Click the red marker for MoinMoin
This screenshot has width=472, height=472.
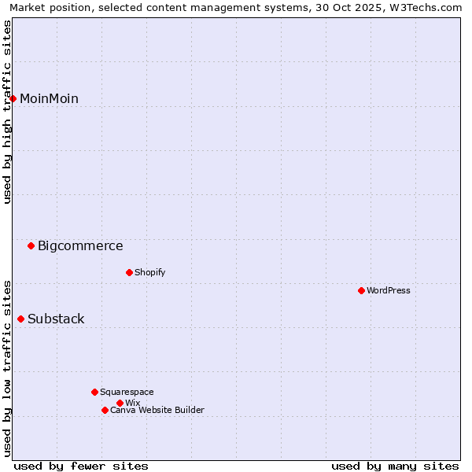coord(13,98)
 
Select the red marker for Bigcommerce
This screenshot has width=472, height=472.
coord(31,245)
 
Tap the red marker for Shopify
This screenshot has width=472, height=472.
coord(129,272)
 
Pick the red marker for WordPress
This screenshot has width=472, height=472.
coord(361,290)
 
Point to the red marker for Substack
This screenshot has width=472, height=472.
coord(21,319)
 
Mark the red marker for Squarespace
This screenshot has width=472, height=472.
coord(94,392)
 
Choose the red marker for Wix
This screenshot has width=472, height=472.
coord(120,403)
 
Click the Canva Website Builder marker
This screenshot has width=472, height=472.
coord(105,410)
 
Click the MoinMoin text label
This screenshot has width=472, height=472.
coord(49,98)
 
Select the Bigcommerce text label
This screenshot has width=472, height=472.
coord(80,245)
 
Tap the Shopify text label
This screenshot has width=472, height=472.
coord(149,272)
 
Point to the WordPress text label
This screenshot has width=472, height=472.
coord(388,290)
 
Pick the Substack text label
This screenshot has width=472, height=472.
coord(56,319)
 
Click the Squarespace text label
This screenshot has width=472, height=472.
coord(127,392)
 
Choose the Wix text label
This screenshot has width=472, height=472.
coord(132,403)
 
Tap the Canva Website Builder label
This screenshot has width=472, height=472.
coord(157,410)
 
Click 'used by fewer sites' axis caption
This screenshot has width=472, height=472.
coord(81,466)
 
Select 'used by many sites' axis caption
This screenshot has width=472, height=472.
coord(395,466)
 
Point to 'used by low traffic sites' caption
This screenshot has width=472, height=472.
coord(8,367)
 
